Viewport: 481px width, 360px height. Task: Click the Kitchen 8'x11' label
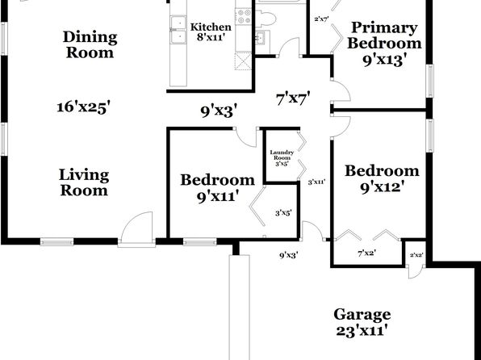(211, 32)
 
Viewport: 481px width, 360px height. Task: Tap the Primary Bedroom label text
(384, 35)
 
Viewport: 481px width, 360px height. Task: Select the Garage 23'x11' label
(362, 322)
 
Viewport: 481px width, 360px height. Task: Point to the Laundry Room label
(282, 155)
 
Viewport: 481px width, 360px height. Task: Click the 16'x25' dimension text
(83, 107)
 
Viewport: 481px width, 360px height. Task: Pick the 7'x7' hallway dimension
(293, 98)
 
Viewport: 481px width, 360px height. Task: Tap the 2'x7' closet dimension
(321, 19)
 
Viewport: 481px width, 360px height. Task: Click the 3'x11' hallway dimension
(316, 182)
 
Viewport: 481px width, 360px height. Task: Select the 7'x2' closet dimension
(367, 253)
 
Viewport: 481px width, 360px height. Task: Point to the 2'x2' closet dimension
(416, 255)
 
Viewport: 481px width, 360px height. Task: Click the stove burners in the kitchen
(244, 17)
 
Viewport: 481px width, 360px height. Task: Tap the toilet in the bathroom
(266, 18)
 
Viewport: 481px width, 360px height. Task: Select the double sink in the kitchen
(178, 30)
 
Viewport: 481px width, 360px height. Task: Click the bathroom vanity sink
(261, 38)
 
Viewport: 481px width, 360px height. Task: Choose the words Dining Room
(90, 45)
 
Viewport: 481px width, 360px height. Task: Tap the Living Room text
(84, 182)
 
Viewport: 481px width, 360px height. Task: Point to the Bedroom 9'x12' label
(382, 179)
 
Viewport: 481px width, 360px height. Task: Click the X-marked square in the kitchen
(243, 61)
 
